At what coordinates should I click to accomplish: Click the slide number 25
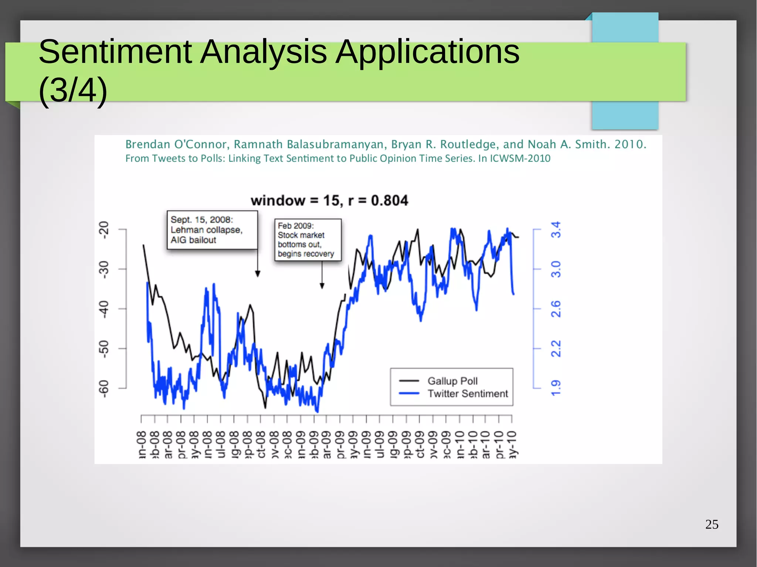pos(712,524)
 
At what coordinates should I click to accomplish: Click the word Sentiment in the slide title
pos(115,52)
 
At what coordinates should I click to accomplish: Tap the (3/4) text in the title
pos(73,90)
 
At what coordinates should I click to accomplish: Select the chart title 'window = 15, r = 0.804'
pos(329,201)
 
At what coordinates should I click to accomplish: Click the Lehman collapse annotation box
pos(212,230)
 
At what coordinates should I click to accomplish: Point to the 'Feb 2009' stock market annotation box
pos(308,240)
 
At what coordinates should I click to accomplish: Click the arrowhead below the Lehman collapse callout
pos(258,274)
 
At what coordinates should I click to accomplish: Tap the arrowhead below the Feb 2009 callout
pos(322,286)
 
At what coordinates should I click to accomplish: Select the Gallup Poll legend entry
pos(452,381)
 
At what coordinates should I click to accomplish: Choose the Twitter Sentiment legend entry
pos(468,394)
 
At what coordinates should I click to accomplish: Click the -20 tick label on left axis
pos(105,230)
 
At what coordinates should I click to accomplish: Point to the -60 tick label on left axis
pos(105,389)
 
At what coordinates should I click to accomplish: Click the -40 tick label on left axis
pos(105,309)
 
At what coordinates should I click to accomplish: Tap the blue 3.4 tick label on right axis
pos(556,230)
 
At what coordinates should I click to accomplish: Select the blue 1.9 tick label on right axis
pos(556,388)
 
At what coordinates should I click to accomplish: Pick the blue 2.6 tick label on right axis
pos(556,309)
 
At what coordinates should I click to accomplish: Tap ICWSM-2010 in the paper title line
pos(520,158)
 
